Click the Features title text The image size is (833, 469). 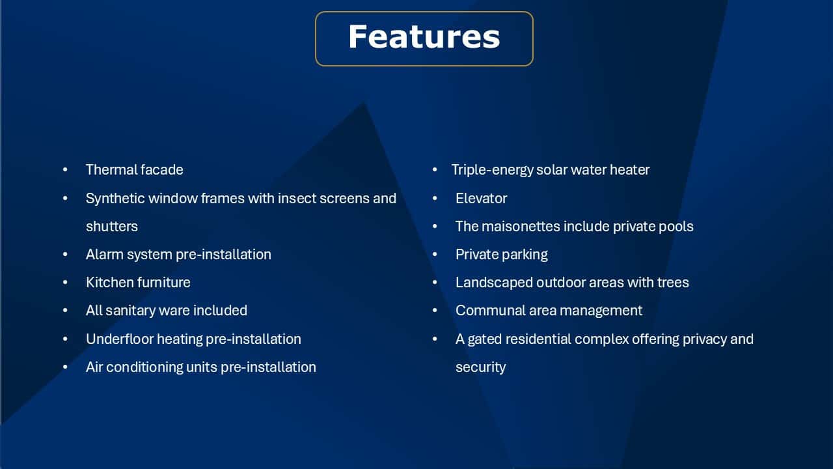point(424,37)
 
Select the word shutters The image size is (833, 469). point(111,226)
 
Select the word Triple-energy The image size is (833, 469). point(492,170)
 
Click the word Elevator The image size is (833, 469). point(481,199)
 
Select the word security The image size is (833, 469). point(480,368)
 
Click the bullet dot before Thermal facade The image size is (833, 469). point(66,170)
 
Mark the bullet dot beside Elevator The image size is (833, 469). point(435,199)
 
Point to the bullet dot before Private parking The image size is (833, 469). point(435,255)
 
